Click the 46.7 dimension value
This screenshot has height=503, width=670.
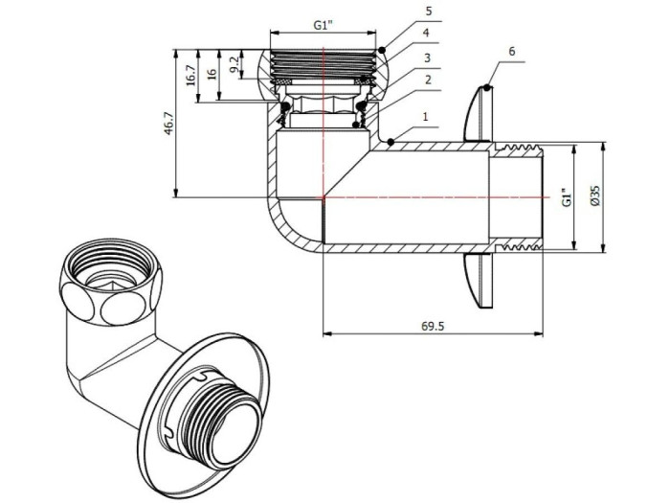(168, 124)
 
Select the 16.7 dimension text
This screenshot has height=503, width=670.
(191, 75)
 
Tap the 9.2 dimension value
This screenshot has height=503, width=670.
(234, 67)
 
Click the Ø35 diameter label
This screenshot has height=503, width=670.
(595, 196)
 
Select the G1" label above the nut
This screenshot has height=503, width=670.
(325, 26)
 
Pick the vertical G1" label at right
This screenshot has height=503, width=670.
(566, 197)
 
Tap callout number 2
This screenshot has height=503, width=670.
(428, 80)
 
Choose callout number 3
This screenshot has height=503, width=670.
(428, 57)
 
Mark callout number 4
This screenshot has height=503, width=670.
(428, 34)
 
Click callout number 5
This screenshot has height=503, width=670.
(428, 11)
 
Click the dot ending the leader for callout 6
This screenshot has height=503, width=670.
(487, 88)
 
